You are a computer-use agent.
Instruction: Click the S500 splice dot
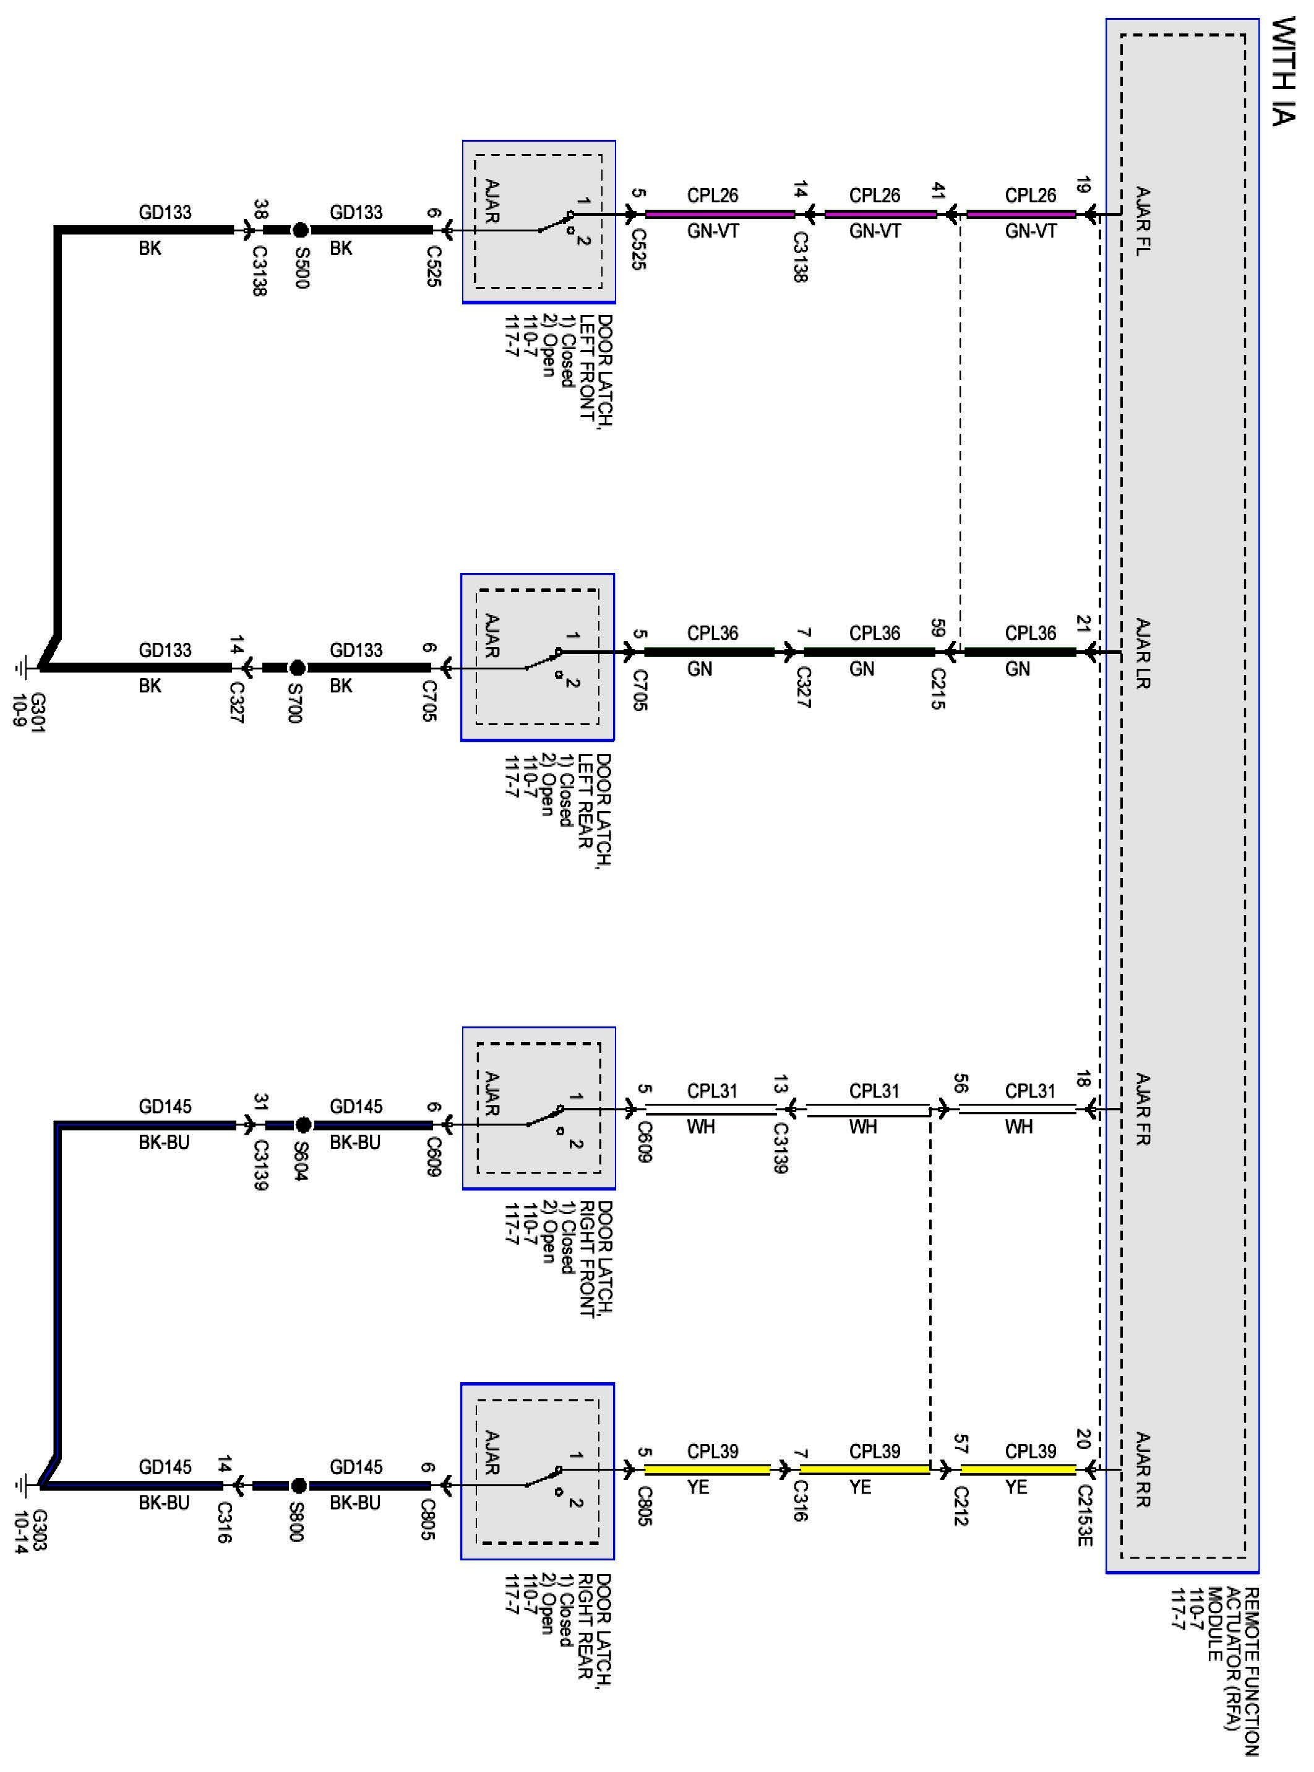(x=300, y=231)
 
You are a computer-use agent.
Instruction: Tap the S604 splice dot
(x=303, y=1125)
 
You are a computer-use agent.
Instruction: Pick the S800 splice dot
(x=298, y=1485)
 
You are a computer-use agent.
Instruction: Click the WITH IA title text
(x=1286, y=72)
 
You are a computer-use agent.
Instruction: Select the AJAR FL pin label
(x=1143, y=221)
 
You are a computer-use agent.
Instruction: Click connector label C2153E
(x=1085, y=1526)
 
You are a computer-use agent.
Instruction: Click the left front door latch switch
(x=557, y=222)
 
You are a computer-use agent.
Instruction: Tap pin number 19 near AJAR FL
(x=1082, y=186)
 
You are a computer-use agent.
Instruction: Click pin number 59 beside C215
(x=938, y=627)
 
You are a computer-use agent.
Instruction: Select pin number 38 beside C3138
(x=260, y=209)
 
